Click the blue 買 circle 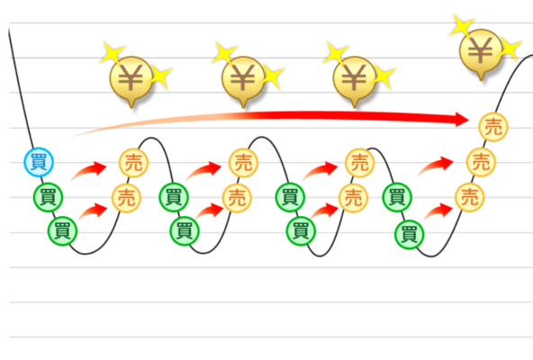click(39, 162)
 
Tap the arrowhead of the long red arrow click(463, 120)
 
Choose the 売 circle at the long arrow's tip click(493, 127)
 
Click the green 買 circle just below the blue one click(49, 197)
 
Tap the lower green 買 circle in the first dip click(62, 231)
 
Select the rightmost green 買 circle click(410, 235)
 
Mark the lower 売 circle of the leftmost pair click(126, 198)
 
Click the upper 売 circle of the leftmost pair click(133, 163)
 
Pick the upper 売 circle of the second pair click(243, 163)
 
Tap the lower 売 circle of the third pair click(353, 198)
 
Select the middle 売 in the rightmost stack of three click(481, 162)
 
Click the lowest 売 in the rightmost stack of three click(469, 197)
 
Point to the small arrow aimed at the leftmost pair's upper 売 click(89, 170)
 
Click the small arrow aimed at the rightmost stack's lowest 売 click(438, 211)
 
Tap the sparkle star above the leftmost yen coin click(113, 53)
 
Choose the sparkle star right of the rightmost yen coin click(510, 49)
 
